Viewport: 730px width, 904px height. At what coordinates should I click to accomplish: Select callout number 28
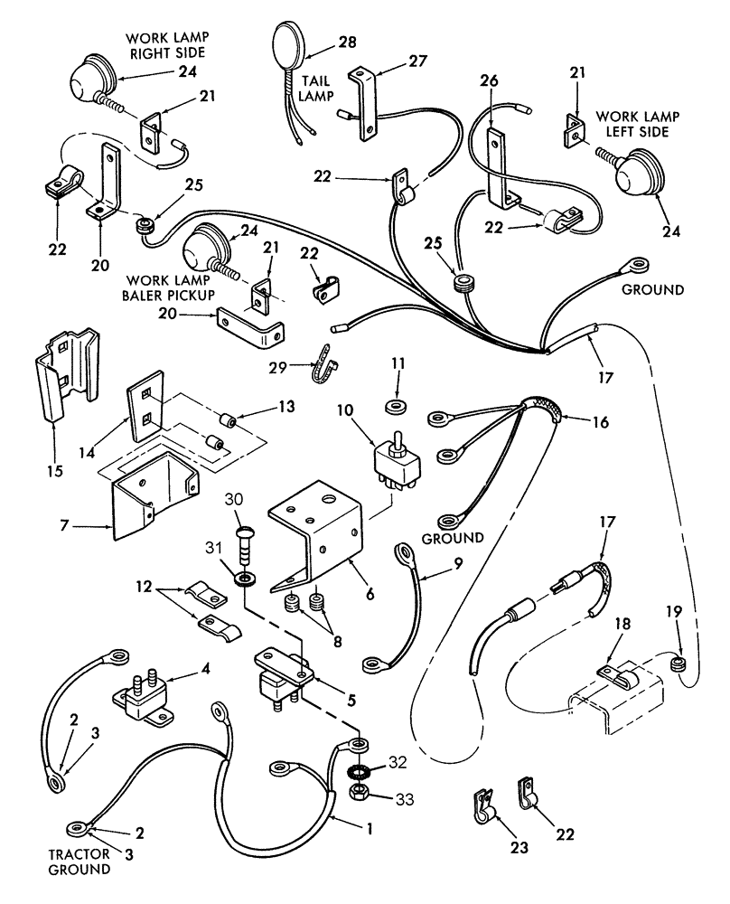coord(348,42)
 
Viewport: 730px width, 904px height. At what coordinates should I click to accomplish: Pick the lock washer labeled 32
coord(359,774)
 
